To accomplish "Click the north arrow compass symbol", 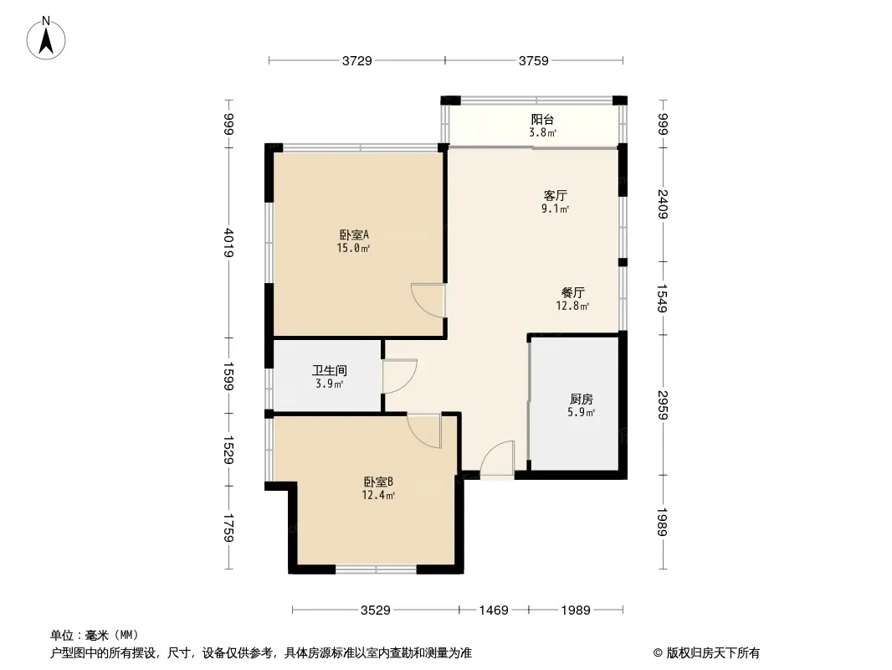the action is [46, 39].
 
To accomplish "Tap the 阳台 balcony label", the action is [542, 120].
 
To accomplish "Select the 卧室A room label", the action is [354, 234].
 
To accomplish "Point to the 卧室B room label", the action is [378, 482].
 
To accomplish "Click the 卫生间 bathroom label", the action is [330, 370].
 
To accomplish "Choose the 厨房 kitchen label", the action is [581, 399].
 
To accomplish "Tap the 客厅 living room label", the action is [555, 196].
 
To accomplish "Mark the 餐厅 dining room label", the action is [572, 292].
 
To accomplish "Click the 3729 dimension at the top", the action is [356, 60].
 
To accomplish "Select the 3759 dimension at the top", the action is [534, 60].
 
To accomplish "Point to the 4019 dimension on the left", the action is [229, 243].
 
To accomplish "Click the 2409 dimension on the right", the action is [663, 204].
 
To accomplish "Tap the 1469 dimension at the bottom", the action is [493, 611].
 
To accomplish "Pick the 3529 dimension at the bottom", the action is [376, 611].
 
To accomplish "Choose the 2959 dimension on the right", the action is [663, 405].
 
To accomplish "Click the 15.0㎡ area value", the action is [353, 248].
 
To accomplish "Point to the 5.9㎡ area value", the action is [581, 413].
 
